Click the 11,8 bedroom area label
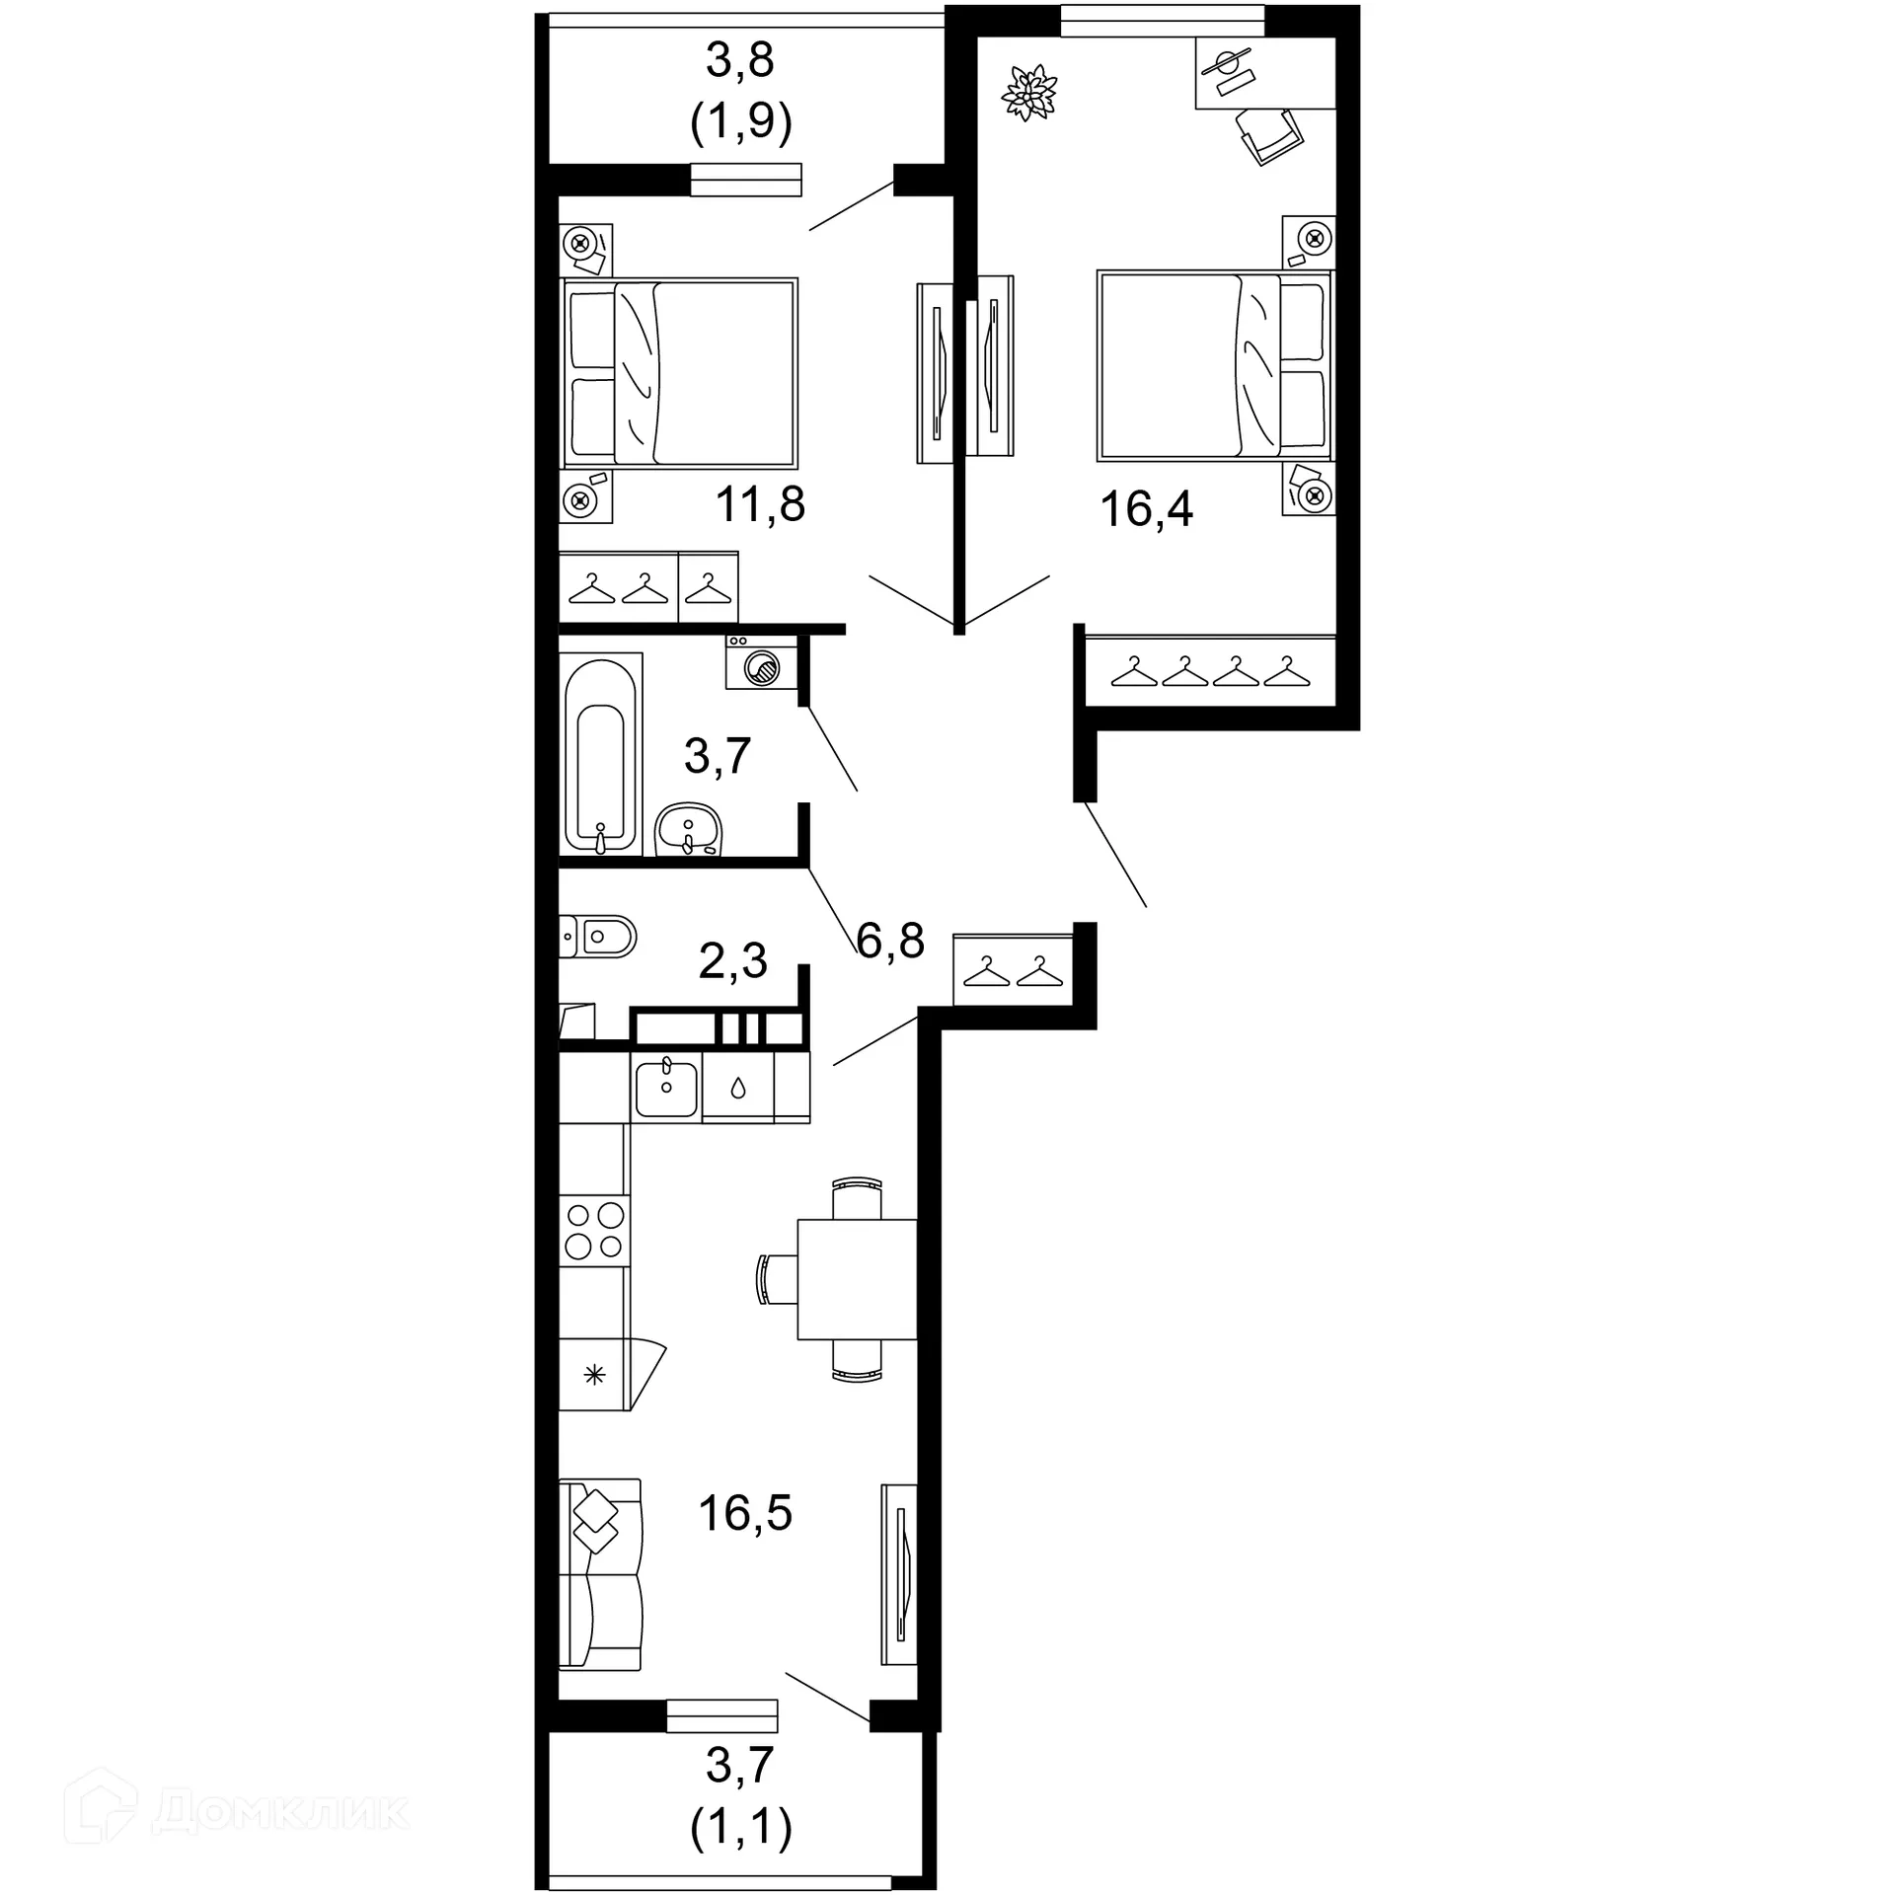point(760,504)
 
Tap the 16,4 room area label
point(1146,509)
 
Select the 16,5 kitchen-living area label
point(745,1513)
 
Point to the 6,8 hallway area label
point(890,941)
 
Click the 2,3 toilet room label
point(732,960)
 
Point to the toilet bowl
point(598,935)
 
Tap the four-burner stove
point(594,1230)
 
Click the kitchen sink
point(666,1088)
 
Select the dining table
point(856,1279)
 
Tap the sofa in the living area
point(599,1588)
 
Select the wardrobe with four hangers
point(1210,672)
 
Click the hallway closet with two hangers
point(1013,969)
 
